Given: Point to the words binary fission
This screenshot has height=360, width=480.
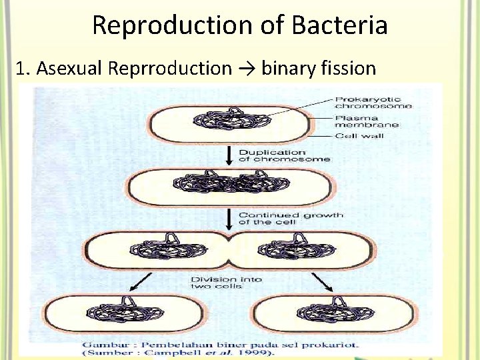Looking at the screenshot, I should point(319,68).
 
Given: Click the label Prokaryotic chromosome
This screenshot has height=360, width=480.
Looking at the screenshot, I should point(373,102).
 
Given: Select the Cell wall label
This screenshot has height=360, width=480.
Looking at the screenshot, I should point(360,136).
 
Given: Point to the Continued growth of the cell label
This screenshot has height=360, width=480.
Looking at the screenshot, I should point(291,218).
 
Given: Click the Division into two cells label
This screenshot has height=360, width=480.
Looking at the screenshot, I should point(227,282).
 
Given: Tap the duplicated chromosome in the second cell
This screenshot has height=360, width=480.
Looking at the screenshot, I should point(228,183).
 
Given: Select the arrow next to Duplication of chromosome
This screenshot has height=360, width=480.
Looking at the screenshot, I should point(229,155).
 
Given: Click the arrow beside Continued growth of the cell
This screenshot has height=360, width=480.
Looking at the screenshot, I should point(229,218).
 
